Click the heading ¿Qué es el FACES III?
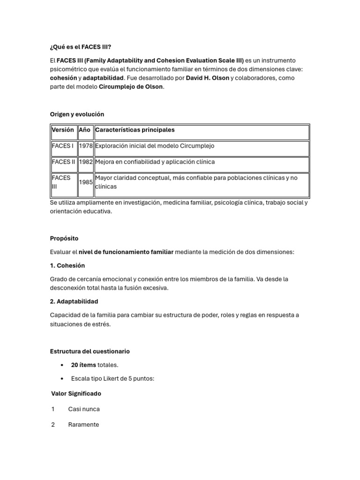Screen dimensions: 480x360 point(80,47)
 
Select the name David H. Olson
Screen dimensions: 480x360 point(207,78)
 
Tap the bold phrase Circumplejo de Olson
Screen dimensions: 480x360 point(131,87)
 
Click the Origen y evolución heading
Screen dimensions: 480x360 point(77,114)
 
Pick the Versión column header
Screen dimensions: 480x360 point(63,130)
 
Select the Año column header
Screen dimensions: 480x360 point(85,130)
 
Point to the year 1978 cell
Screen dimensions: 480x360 point(85,146)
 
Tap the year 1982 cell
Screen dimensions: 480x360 point(85,162)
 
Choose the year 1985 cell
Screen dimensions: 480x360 point(85,182)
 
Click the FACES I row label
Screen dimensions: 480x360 point(63,146)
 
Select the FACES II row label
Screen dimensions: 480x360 point(63,162)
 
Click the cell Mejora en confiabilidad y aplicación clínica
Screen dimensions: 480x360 point(155,162)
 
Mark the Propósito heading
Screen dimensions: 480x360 point(64,239)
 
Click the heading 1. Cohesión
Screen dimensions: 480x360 point(67,266)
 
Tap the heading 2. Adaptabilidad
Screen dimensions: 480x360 point(74,301)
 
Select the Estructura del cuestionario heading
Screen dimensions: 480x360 point(90,352)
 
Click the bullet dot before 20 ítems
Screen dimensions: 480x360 point(62,365)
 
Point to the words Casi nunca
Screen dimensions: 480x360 point(84,409)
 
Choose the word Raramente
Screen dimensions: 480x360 point(83,425)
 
